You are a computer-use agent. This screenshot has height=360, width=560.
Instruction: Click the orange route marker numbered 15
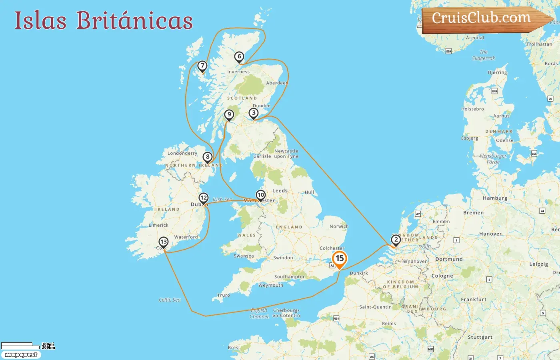340,259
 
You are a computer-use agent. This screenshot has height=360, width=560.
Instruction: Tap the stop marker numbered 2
396,240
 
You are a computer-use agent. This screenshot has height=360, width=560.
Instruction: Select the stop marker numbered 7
202,66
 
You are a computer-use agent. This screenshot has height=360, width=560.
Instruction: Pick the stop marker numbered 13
163,242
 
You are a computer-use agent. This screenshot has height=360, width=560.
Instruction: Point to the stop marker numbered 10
261,195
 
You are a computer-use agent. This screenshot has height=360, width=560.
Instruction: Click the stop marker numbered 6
239,57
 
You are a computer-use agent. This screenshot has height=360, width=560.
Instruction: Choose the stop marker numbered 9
229,115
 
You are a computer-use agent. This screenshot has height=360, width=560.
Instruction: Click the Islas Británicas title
104,20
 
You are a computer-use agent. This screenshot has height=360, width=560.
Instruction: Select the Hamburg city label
495,198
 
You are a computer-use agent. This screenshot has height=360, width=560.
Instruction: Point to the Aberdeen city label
277,83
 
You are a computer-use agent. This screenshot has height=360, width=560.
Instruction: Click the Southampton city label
290,277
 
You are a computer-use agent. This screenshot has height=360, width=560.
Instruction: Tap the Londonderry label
182,153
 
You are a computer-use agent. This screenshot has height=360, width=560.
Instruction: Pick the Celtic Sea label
170,300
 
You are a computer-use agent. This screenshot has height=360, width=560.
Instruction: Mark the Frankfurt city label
474,299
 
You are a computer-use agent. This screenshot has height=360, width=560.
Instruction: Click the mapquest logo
21,355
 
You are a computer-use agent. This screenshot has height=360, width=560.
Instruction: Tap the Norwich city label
339,226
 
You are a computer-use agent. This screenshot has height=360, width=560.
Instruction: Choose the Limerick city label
158,225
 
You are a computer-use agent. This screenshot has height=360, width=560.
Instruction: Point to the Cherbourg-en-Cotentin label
286,313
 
